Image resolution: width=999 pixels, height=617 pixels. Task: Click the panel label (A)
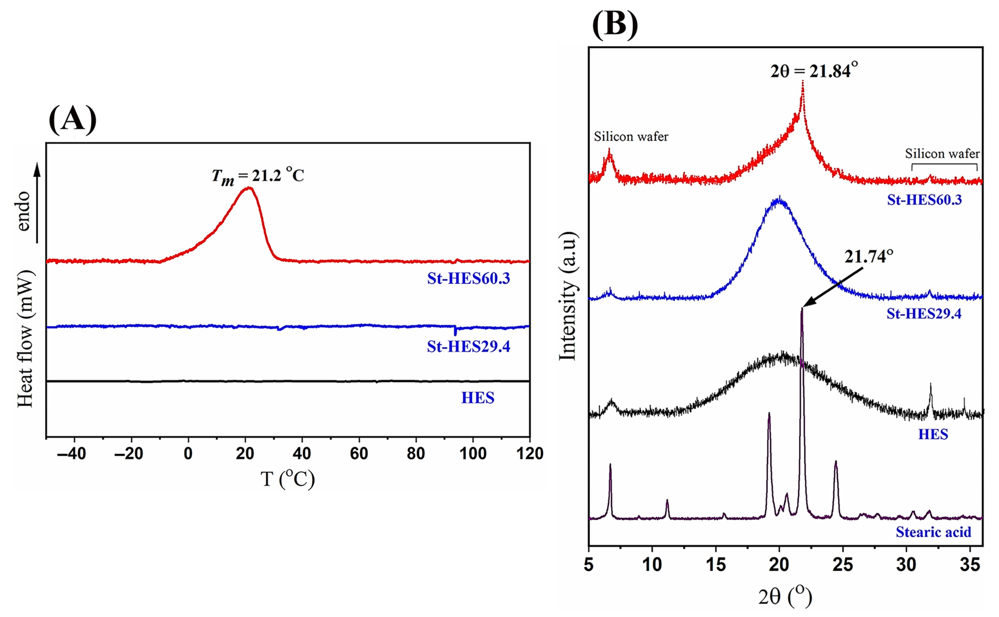point(73,119)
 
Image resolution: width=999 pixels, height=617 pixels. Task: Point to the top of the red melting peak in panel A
point(249,188)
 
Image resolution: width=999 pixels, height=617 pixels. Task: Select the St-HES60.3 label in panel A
point(468,279)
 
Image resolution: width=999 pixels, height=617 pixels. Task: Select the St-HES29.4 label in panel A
point(468,346)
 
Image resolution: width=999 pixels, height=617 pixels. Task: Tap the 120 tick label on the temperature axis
point(529,454)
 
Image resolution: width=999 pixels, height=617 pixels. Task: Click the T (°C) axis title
point(288,479)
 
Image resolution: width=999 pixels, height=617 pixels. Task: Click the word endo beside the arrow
point(24,211)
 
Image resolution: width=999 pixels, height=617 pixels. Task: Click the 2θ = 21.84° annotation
point(814,71)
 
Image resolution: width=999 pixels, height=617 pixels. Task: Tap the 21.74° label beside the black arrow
point(868,257)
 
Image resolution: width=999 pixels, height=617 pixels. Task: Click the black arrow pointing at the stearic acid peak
point(832,292)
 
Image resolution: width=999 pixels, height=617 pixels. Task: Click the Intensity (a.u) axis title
point(568,296)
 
